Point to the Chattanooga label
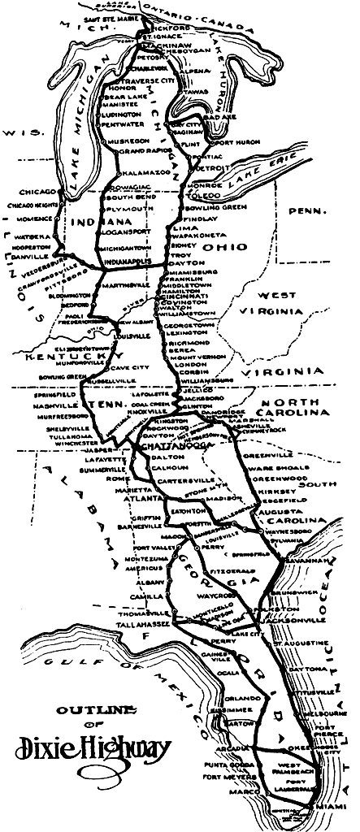(x=167, y=448)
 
